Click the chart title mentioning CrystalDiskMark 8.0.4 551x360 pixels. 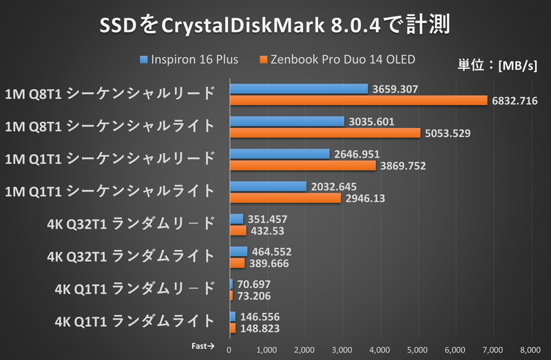coord(275,25)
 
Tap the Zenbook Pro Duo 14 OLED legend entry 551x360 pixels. coord(337,59)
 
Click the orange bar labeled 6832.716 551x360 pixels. coord(358,100)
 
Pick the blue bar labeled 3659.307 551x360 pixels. coord(298,89)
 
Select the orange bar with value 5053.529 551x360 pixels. coord(324,133)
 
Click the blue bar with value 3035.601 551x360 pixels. coord(287,121)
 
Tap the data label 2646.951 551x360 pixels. coord(359,153)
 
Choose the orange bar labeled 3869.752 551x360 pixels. coord(302,165)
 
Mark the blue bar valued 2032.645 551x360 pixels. coord(268,187)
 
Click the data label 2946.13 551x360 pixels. coord(367,198)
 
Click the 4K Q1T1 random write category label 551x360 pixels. coord(136,321)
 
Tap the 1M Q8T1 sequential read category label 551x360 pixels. coord(110,93)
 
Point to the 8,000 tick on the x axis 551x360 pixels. coord(530,350)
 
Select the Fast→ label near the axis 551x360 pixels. coord(202,347)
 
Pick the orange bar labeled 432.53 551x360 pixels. coord(238,231)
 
